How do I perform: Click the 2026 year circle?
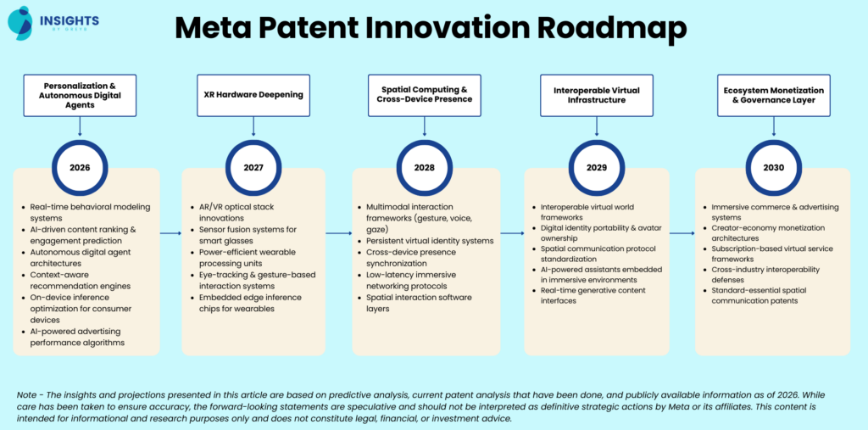click(x=80, y=167)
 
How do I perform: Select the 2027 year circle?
click(x=253, y=167)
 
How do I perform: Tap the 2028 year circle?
click(x=424, y=167)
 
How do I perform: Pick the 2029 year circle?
click(x=597, y=167)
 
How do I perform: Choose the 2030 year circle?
click(x=772, y=167)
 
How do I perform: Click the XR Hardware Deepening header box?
click(x=253, y=96)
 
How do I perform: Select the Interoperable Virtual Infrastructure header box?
click(x=597, y=96)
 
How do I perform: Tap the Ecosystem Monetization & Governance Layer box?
click(x=772, y=96)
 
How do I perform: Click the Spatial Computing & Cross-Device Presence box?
click(x=424, y=96)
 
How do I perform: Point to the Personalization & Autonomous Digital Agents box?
click(x=80, y=96)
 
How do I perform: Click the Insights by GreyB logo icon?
click(x=19, y=21)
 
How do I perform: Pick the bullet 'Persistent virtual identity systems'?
click(x=430, y=241)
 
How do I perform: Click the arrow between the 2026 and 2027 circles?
click(x=170, y=232)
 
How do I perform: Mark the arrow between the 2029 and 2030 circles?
click(x=682, y=232)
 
